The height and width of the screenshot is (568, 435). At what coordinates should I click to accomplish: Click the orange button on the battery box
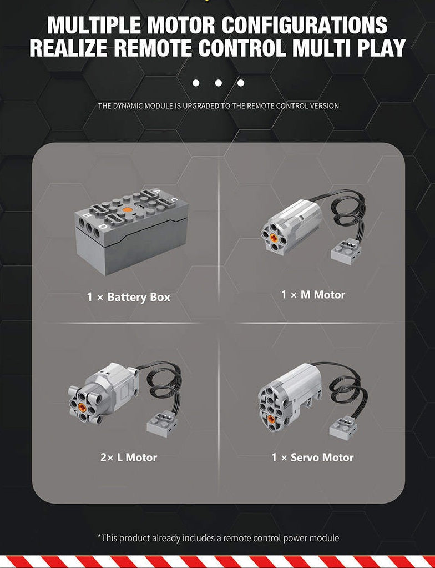[x=127, y=210]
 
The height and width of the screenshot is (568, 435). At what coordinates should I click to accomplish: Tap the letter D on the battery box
[x=104, y=227]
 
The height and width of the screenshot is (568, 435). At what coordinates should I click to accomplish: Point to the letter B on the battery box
[x=87, y=216]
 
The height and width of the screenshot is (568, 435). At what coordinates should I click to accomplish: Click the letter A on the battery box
[x=156, y=192]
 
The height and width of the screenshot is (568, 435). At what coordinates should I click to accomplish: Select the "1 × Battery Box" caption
[x=129, y=298]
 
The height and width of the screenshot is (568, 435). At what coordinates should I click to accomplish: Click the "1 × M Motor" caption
[x=313, y=295]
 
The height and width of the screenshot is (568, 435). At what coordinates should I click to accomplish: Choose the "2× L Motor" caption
[x=129, y=458]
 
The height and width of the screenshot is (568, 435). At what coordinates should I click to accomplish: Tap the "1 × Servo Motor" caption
[x=313, y=458]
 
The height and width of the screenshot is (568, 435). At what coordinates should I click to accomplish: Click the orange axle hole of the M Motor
[x=273, y=237]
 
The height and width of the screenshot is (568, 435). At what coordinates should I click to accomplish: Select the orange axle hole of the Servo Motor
[x=271, y=419]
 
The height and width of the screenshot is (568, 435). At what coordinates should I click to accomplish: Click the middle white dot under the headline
[x=218, y=83]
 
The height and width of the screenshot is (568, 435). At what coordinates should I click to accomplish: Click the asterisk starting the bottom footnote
[x=99, y=536]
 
